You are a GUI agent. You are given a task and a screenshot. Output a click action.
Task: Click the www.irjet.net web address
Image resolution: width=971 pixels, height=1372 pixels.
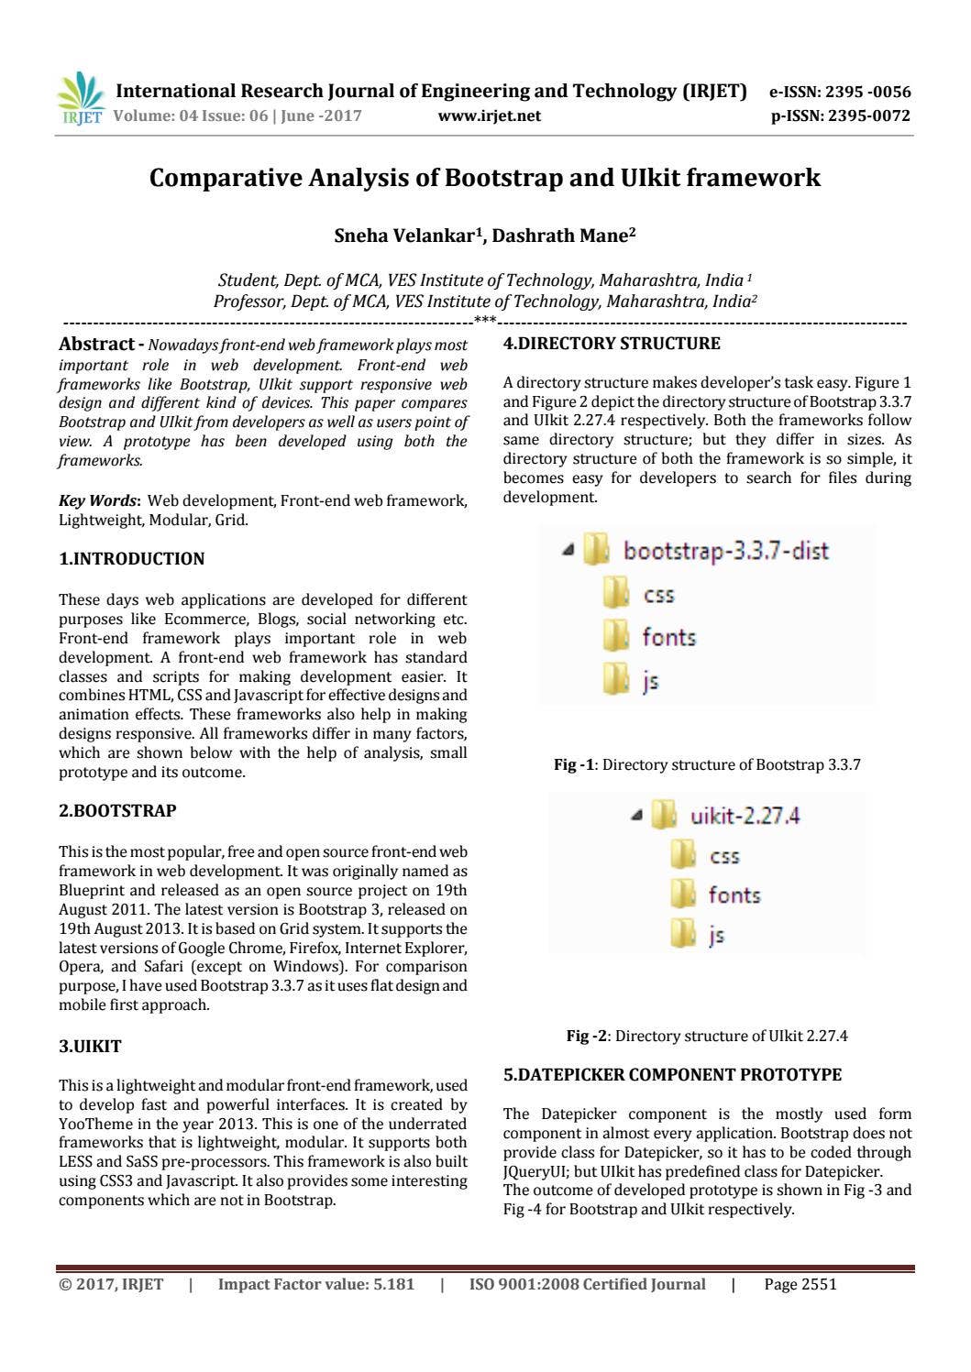(x=490, y=115)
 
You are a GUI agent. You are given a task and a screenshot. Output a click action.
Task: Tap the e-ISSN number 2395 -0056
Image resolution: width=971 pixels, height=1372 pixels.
(x=866, y=92)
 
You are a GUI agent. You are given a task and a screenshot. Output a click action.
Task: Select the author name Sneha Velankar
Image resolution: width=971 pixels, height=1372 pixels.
(x=407, y=236)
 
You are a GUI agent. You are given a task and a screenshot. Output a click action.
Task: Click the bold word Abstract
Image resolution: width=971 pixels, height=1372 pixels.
(x=96, y=345)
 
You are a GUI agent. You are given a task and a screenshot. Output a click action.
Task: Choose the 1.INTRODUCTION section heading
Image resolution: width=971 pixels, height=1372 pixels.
(x=131, y=559)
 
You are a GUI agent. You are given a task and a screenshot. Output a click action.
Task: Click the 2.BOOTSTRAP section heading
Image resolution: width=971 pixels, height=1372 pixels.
(x=117, y=811)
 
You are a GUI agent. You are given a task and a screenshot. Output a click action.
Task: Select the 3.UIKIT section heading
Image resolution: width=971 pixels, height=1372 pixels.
(x=90, y=1047)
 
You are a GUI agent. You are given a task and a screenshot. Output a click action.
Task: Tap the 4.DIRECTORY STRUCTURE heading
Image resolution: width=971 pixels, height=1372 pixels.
(x=612, y=344)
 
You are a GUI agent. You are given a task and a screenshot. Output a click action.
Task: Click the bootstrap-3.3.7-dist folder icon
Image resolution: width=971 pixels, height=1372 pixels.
(x=596, y=550)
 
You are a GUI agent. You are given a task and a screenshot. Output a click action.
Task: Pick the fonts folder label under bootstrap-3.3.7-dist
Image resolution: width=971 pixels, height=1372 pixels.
(x=668, y=637)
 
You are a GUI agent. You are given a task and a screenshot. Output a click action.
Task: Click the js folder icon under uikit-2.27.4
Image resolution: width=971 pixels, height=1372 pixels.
(x=683, y=935)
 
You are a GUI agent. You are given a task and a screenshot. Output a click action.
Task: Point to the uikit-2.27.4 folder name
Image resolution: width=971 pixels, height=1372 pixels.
(x=745, y=816)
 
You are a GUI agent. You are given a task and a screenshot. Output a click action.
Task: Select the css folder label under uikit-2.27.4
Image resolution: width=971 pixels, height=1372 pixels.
(x=724, y=856)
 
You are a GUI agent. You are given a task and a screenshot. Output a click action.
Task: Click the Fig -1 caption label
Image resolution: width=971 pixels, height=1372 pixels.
(x=575, y=764)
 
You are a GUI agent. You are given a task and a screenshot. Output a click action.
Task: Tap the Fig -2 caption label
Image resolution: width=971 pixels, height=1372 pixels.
(x=587, y=1036)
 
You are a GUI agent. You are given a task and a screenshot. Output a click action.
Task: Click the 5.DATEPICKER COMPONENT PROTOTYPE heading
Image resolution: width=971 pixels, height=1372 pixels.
(x=672, y=1074)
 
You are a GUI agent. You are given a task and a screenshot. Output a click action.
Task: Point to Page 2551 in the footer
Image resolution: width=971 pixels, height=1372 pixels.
(x=800, y=1284)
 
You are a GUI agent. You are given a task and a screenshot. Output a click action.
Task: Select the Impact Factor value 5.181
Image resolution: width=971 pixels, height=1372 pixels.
(x=315, y=1284)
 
